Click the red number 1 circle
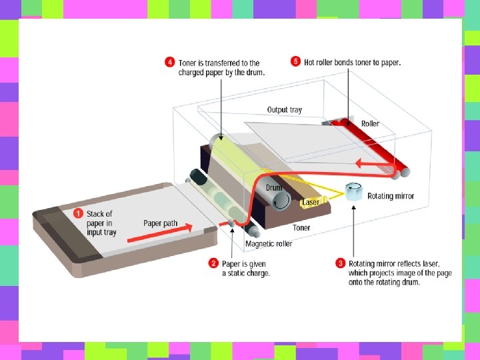pos(77,214)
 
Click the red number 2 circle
pos(213,263)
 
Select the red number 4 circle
pos(170,63)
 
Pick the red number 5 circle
pos(296,62)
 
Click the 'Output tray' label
pos(284,110)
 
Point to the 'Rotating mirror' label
pos(391,196)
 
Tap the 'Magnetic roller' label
pos(269,244)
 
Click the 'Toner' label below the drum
pos(301,228)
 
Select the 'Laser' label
pos(311,202)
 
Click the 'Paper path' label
pos(160,223)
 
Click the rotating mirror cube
pos(353,191)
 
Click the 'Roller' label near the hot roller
pos(371,124)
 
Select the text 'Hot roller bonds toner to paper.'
pos(353,63)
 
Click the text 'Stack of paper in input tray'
pos(101,223)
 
